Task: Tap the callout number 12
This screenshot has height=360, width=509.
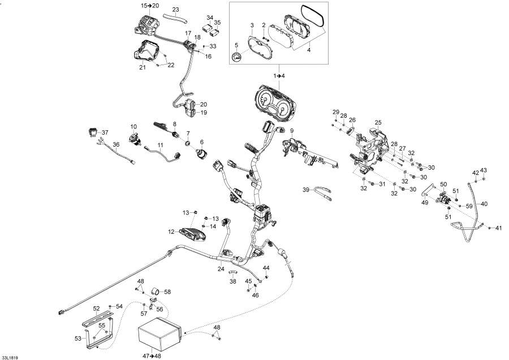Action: point(171,231)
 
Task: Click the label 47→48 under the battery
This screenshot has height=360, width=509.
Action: point(151,355)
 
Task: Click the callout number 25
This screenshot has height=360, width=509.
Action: point(378,122)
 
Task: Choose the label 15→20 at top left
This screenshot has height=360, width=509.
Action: point(150,5)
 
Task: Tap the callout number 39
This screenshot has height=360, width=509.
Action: point(306,190)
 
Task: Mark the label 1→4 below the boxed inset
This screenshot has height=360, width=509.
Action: point(279,75)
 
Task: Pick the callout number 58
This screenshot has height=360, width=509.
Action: point(167,292)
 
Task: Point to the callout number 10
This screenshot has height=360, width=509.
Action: point(134,126)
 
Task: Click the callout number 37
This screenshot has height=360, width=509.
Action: point(105,132)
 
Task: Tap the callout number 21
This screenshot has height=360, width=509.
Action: point(143,67)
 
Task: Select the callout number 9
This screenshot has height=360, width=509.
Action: point(292,131)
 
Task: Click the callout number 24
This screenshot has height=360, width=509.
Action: point(221,269)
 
